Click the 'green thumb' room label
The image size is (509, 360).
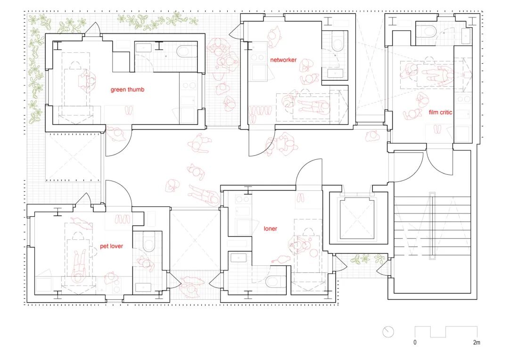(x=127, y=90)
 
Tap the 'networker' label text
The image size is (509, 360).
(x=283, y=60)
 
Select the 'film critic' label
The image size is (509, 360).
(x=441, y=112)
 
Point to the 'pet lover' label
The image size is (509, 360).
(x=111, y=246)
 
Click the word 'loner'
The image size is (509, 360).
(x=271, y=229)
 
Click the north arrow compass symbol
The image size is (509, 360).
(x=388, y=332)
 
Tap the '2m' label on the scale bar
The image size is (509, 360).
(x=476, y=342)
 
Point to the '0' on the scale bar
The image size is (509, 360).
(x=415, y=342)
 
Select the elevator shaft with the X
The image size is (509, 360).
(x=358, y=219)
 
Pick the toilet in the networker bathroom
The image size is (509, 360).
(x=337, y=41)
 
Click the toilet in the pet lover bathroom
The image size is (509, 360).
(x=148, y=242)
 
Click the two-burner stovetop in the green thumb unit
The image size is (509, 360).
(x=189, y=86)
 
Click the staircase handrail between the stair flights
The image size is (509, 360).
(x=432, y=226)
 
